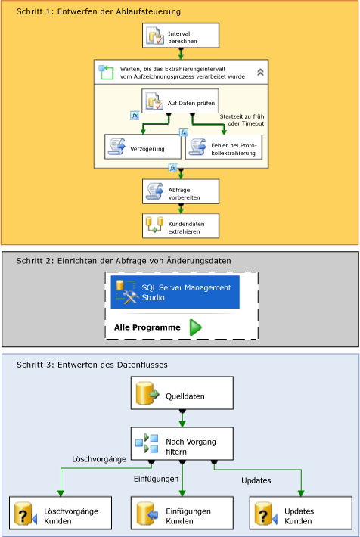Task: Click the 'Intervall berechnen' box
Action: (x=181, y=36)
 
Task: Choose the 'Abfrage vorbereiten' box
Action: (x=181, y=191)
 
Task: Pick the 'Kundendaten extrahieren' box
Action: (x=181, y=225)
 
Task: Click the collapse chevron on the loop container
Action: (x=260, y=73)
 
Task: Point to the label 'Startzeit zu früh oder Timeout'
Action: (x=241, y=120)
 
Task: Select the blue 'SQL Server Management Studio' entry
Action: (x=175, y=292)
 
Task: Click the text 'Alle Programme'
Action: (x=147, y=327)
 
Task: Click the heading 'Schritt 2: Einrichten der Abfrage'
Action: (x=124, y=261)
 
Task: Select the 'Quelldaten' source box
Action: (x=181, y=395)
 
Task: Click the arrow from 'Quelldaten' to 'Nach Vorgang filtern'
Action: (x=181, y=418)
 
